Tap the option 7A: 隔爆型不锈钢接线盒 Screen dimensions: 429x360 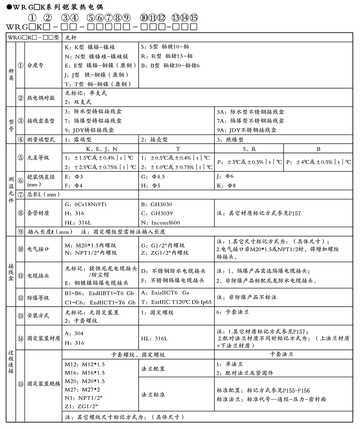[x=250, y=121]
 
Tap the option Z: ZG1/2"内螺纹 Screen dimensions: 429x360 [x=165, y=253]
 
